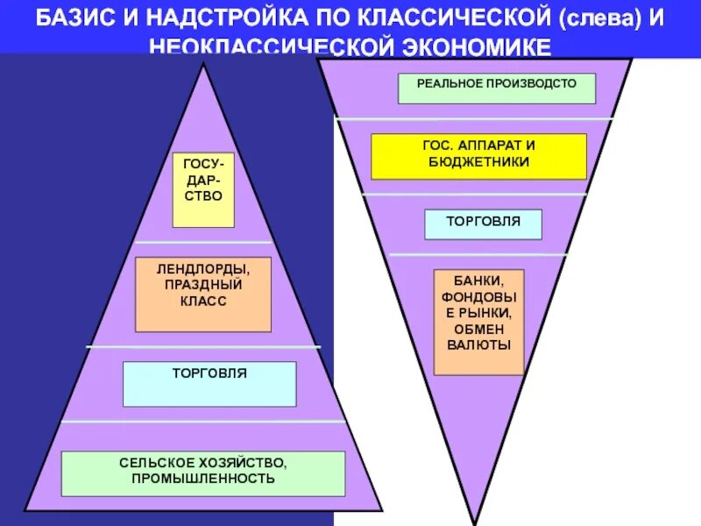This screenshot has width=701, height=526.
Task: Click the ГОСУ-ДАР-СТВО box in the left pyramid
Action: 203,189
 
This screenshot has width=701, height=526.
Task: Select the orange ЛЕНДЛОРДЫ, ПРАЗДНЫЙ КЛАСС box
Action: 203,294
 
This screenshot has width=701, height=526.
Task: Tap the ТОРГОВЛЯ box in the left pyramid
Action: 209,383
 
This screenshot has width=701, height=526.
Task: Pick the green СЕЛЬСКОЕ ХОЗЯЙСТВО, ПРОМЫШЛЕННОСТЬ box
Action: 203,473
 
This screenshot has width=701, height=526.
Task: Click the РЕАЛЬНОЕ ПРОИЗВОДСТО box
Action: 497,89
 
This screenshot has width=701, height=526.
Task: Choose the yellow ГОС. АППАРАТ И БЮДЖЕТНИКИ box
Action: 478,156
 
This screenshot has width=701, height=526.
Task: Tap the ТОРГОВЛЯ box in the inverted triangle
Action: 483,224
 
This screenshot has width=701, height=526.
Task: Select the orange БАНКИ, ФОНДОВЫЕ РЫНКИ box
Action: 478,322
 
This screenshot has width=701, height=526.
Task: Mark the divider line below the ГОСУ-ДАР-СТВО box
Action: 203,241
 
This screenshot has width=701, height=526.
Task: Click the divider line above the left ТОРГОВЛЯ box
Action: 203,347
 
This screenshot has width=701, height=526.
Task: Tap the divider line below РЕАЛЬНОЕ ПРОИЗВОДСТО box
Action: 475,118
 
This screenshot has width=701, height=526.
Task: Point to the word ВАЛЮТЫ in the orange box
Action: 478,345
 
